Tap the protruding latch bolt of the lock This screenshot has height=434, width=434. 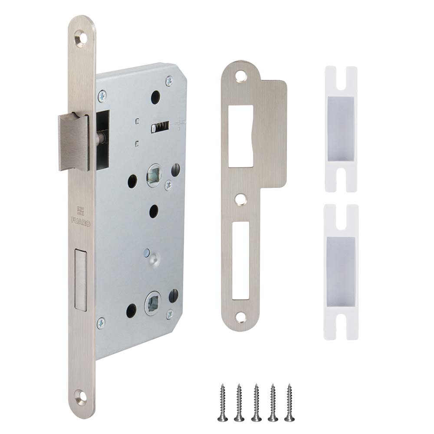[x=74, y=142]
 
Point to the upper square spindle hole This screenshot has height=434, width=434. [x=153, y=175]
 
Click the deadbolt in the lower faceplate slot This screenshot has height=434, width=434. [x=81, y=279]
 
